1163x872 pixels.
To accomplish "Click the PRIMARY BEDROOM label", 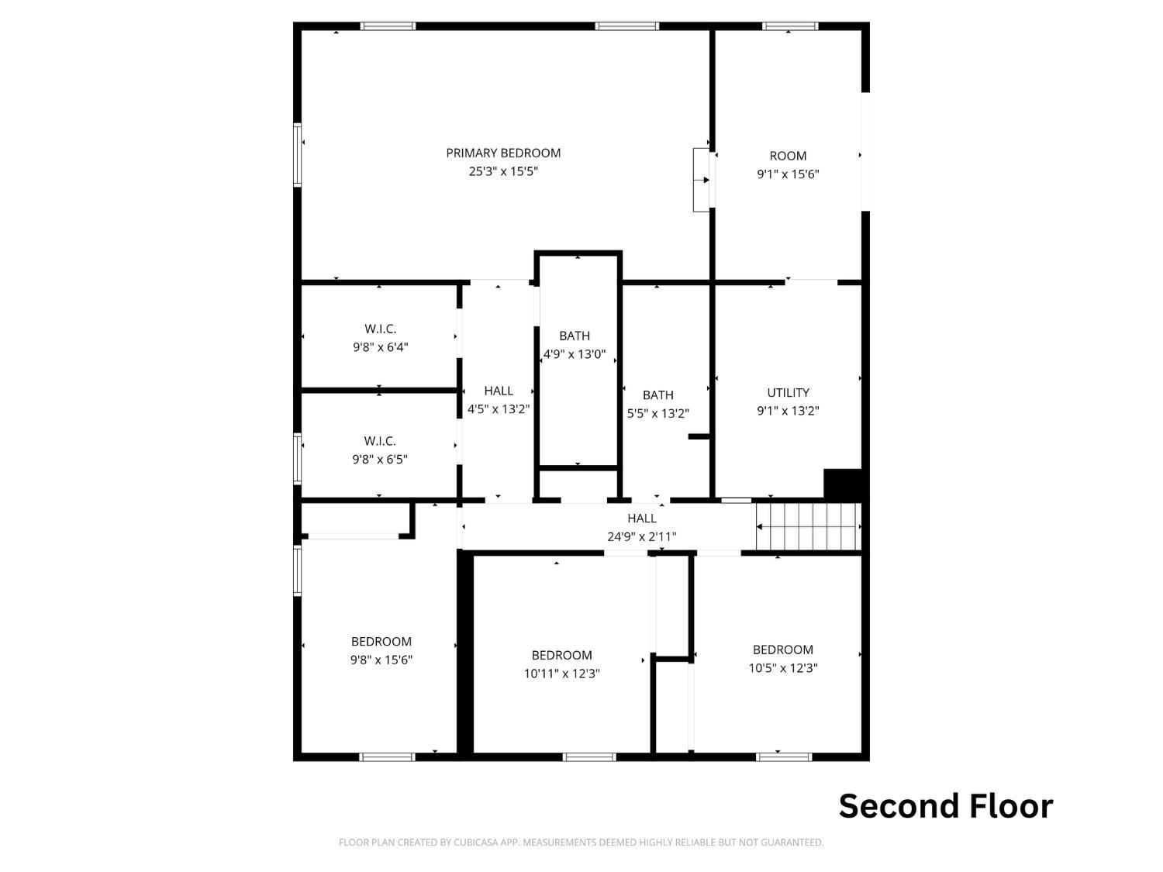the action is (503, 153).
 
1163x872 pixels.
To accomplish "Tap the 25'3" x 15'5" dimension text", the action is (503, 171).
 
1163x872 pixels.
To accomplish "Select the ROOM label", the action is (788, 157).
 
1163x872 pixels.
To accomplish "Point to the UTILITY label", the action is (788, 392).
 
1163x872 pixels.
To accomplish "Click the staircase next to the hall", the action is (809, 527).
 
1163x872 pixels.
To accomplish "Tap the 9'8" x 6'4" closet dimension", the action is (381, 347).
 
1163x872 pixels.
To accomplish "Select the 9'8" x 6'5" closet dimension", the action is (380, 459).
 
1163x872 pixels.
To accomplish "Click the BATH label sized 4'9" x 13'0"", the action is (575, 336).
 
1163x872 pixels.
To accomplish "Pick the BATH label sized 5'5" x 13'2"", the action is (658, 395).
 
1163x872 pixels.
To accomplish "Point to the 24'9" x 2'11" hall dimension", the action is (642, 537).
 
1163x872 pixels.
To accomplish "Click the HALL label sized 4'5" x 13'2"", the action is (499, 391).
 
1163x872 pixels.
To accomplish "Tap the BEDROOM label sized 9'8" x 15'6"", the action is (381, 642).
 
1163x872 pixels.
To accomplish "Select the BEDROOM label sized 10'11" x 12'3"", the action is (561, 656).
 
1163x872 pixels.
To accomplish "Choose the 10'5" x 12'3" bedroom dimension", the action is (782, 668).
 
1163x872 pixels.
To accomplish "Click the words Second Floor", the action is (946, 806).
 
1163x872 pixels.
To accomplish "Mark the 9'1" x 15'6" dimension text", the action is (788, 174).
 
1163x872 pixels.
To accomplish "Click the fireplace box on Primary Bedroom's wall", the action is (701, 180).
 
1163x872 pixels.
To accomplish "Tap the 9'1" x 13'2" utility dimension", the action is (788, 411).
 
